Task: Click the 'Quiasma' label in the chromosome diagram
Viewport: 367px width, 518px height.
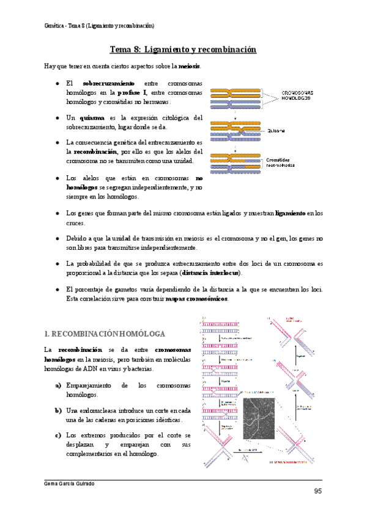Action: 275,130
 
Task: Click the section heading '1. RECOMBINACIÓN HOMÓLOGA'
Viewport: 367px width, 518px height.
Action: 105,334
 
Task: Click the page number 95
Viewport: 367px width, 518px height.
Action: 318,492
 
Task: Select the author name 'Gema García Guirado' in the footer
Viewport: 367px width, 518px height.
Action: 69,483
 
